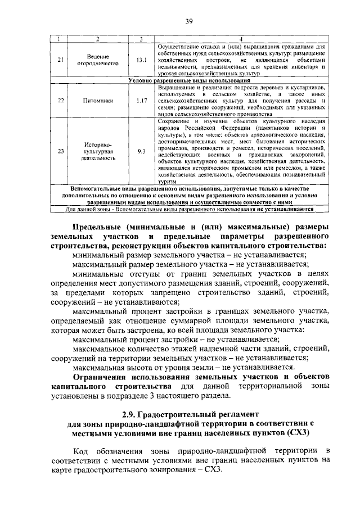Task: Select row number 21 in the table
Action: (61, 60)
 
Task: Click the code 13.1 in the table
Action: (141, 60)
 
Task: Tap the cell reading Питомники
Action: (97, 101)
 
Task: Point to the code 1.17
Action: (141, 101)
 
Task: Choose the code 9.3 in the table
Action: (141, 151)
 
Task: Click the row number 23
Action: (61, 151)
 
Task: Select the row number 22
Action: (61, 101)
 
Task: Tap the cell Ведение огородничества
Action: (98, 60)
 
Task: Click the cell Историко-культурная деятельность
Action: (98, 151)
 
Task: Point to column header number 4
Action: (241, 38)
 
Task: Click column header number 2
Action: (97, 38)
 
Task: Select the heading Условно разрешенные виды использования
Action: (181, 81)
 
